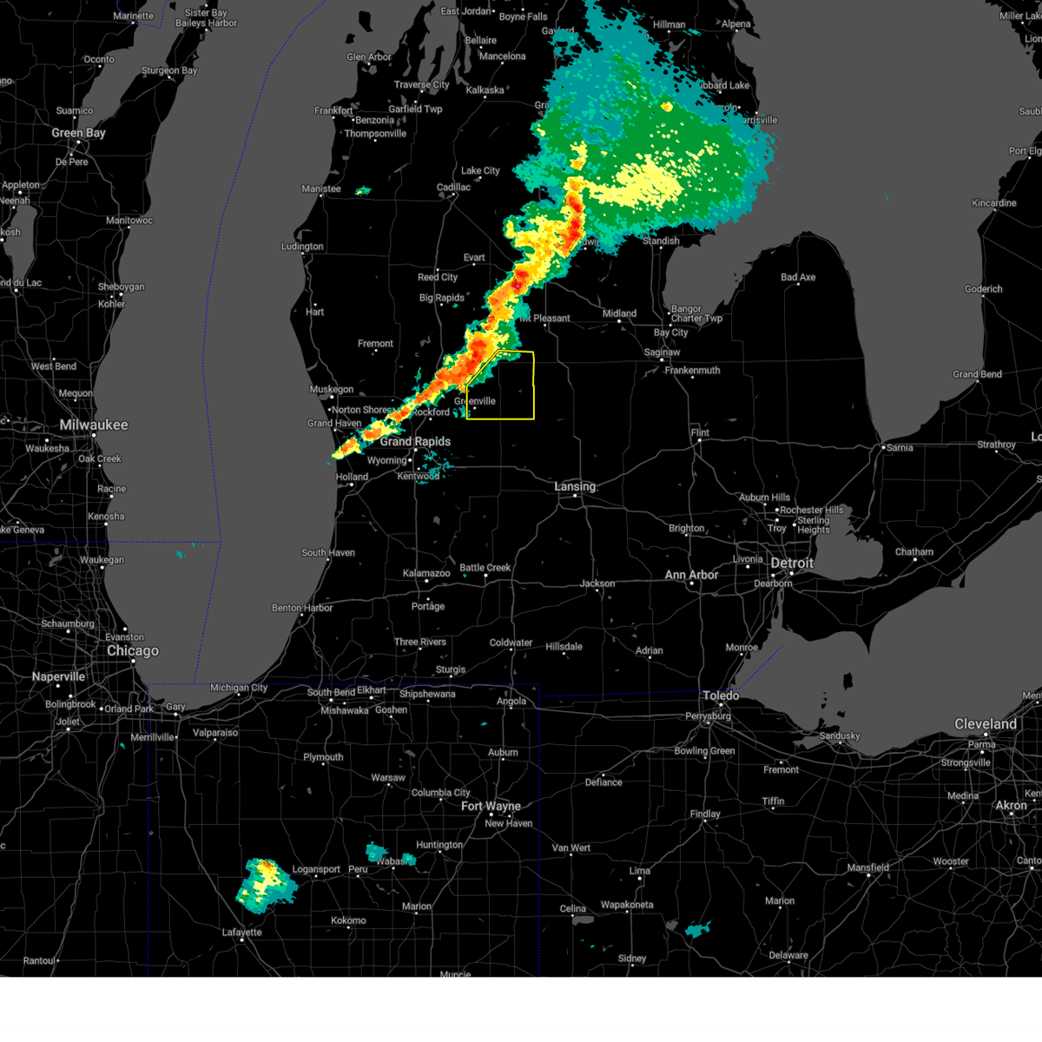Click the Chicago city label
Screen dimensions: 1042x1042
click(133, 651)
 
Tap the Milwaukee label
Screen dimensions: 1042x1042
click(94, 425)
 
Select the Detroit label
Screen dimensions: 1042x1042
click(792, 563)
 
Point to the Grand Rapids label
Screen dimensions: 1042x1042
click(415, 441)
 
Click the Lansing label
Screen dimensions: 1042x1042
click(575, 486)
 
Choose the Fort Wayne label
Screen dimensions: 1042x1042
click(491, 806)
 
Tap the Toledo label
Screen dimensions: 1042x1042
click(721, 696)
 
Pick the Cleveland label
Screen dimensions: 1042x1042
click(986, 723)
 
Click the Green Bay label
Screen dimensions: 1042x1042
click(78, 133)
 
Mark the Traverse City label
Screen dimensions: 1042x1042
click(421, 84)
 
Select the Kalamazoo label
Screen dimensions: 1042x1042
click(426, 573)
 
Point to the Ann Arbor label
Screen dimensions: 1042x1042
click(691, 575)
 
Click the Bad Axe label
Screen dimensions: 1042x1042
click(798, 278)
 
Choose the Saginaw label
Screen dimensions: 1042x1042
click(662, 353)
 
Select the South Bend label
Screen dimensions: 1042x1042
click(331, 692)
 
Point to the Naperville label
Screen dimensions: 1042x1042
click(58, 676)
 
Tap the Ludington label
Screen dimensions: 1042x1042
click(302, 247)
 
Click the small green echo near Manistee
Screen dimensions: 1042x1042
click(363, 190)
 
